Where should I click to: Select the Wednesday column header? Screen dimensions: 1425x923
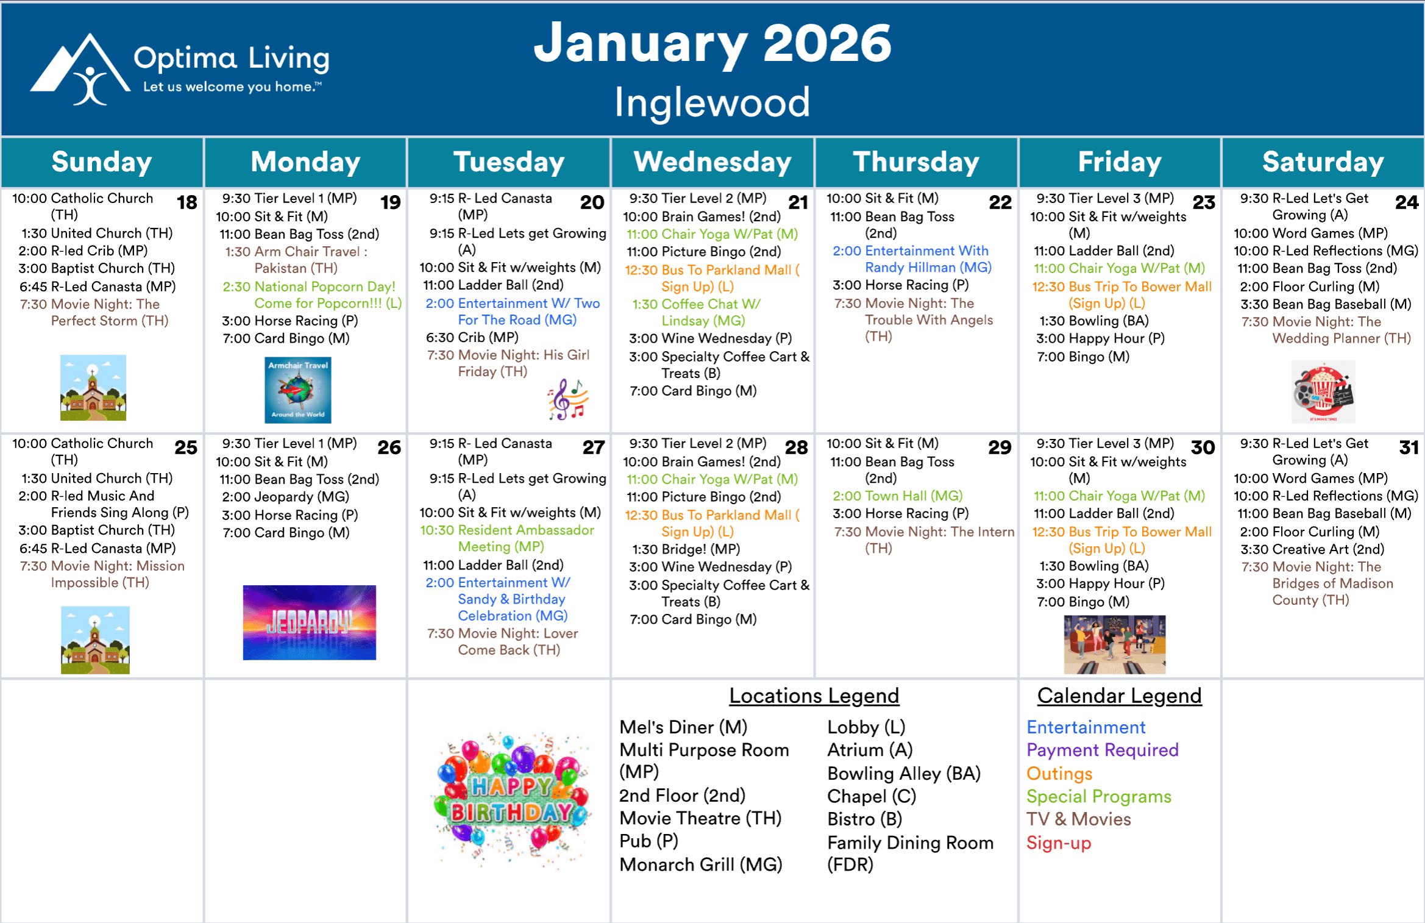tap(712, 162)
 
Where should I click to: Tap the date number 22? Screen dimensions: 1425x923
tap(1000, 202)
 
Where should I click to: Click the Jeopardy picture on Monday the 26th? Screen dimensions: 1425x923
tap(309, 622)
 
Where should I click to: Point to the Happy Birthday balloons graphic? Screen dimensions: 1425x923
tap(511, 799)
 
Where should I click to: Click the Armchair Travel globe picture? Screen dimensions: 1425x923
tap(298, 390)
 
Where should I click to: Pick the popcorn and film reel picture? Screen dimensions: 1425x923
tap(1323, 392)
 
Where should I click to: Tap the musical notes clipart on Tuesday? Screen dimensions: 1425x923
tap(568, 399)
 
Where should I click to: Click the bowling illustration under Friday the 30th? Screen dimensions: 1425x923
tap(1115, 644)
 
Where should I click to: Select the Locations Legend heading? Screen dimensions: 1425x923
tap(814, 696)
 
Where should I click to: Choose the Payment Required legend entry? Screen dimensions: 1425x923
tap(1103, 750)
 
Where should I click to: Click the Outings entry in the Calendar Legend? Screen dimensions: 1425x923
tap(1059, 774)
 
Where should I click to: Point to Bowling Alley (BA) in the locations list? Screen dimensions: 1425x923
tap(904, 774)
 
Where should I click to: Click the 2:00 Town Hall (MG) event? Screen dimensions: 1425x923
tap(897, 496)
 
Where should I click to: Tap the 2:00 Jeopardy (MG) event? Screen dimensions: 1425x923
tap(285, 497)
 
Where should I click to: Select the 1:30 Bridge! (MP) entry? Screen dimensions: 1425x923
tap(686, 549)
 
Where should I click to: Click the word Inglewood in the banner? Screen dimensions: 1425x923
tap(712, 102)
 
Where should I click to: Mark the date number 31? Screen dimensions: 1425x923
tap(1409, 447)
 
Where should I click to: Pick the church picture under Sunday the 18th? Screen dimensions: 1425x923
tap(93, 388)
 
